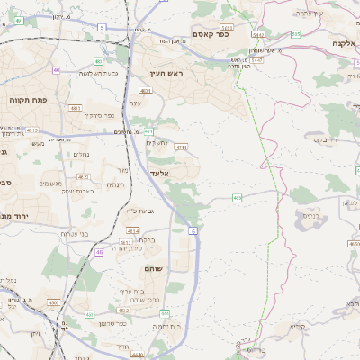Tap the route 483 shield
coord(75,108)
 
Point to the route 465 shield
coord(237,197)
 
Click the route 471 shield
coord(148,130)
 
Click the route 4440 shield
coord(138,354)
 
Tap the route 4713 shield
coord(182,146)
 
